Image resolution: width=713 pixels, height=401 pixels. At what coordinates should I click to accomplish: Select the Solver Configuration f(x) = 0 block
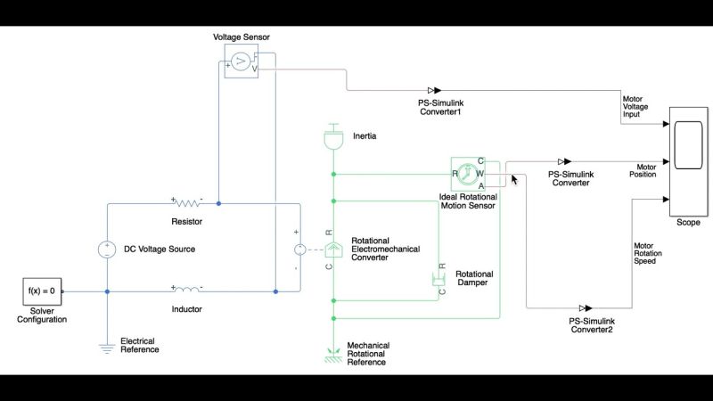(43, 291)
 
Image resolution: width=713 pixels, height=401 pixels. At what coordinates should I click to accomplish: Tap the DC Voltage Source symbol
(106, 250)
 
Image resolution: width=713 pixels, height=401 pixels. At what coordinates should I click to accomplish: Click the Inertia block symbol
(332, 140)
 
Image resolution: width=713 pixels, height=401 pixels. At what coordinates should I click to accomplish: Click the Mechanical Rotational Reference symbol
(332, 354)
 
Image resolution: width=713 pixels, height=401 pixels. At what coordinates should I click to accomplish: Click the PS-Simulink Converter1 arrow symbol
(433, 90)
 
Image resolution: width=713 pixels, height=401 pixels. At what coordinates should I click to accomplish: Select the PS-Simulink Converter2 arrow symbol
(585, 308)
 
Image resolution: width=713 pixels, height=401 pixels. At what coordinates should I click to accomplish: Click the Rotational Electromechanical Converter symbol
(332, 250)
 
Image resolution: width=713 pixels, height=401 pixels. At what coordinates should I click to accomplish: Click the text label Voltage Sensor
(241, 37)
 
